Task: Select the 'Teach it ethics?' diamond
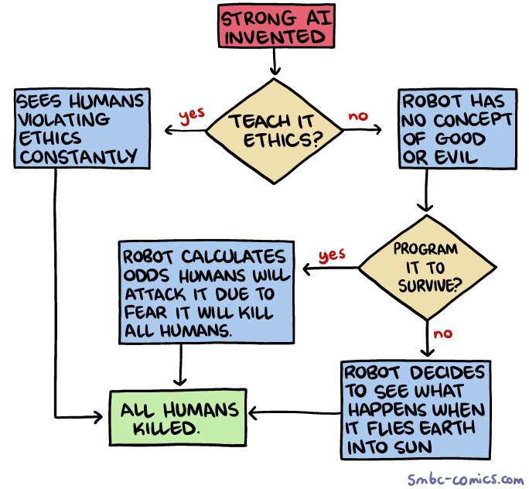pyautogui.click(x=275, y=130)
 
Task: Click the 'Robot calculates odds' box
pyautogui.click(x=206, y=293)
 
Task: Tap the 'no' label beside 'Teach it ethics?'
pyautogui.click(x=357, y=115)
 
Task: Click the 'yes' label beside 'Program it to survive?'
pyautogui.click(x=331, y=254)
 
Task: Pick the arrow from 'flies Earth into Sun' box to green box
pyautogui.click(x=294, y=412)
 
